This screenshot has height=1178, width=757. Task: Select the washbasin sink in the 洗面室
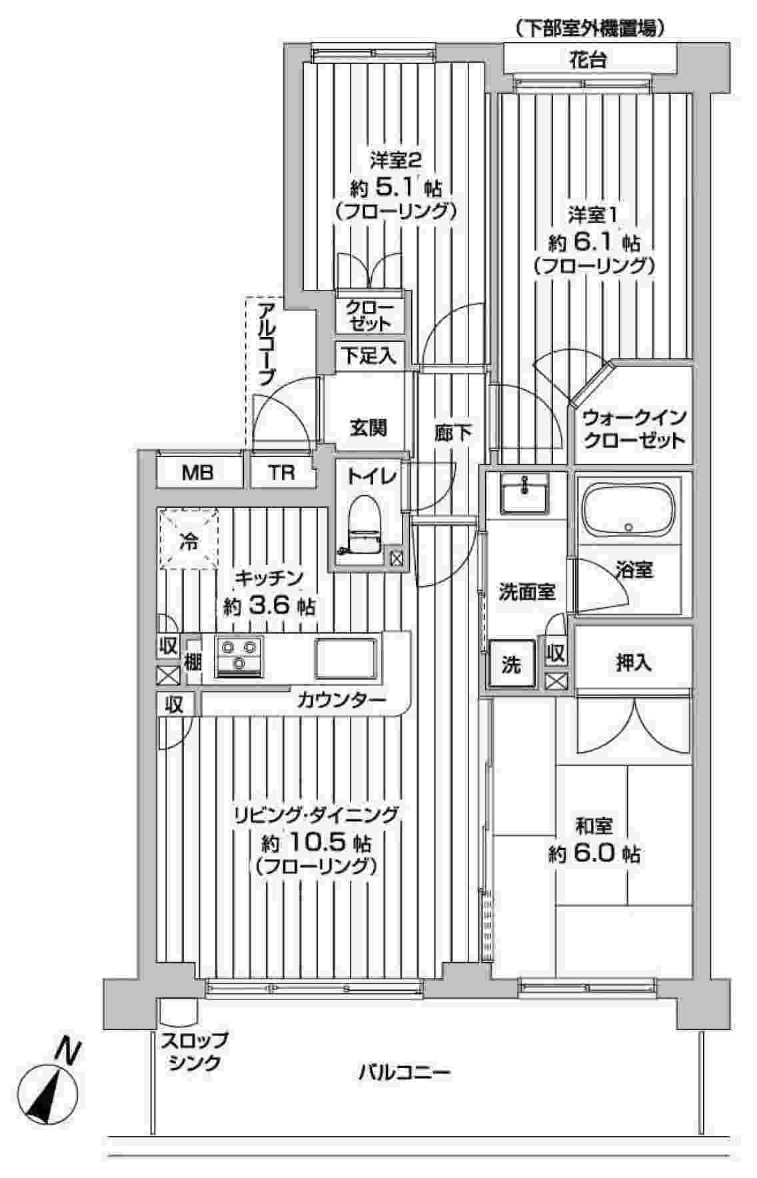click(x=525, y=494)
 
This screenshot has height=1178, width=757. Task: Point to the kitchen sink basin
click(x=346, y=657)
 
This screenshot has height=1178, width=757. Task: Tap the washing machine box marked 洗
click(x=510, y=664)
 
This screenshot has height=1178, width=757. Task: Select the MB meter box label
click(x=198, y=473)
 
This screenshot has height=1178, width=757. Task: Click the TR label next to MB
click(x=282, y=473)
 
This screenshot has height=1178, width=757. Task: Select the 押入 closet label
click(x=632, y=663)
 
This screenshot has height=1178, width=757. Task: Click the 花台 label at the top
click(x=588, y=61)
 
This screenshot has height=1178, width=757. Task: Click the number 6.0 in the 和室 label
click(x=597, y=854)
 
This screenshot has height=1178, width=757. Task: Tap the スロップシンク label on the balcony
click(x=193, y=1051)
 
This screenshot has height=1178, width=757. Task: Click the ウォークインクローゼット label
click(x=633, y=430)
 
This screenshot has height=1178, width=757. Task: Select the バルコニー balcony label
click(x=405, y=1073)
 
